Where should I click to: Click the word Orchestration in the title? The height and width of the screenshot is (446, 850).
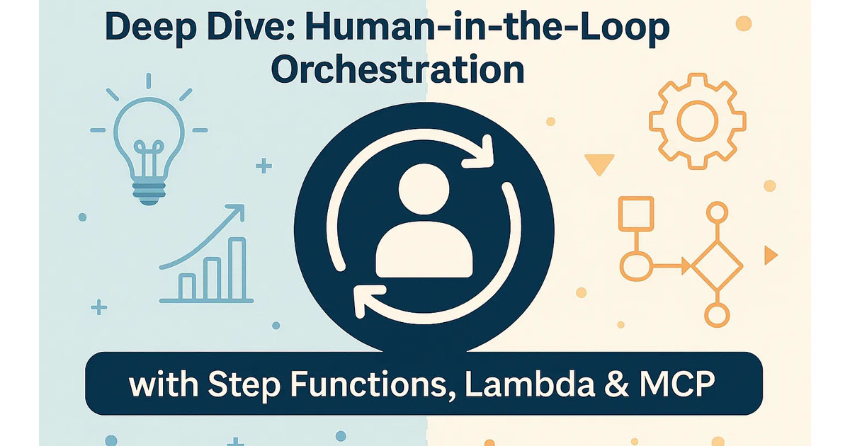click(x=397, y=69)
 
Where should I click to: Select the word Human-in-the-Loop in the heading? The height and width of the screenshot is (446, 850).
click(x=487, y=28)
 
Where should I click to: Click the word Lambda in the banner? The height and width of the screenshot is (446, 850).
click(x=529, y=384)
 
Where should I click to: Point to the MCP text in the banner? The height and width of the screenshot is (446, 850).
click(x=676, y=384)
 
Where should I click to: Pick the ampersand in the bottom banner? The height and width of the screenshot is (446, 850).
click(x=616, y=384)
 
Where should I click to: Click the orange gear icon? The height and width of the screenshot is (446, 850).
click(x=698, y=121)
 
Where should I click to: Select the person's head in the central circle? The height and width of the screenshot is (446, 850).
click(x=424, y=189)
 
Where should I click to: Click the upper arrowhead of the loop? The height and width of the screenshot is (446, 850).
click(x=480, y=154)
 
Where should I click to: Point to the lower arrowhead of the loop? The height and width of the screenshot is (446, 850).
click(x=368, y=299)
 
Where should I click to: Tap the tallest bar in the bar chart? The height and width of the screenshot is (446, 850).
click(x=237, y=268)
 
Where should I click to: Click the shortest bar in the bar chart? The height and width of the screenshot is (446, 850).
click(x=187, y=287)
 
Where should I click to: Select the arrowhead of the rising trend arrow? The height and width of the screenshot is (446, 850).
click(x=236, y=212)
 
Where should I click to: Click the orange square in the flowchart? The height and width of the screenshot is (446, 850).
click(x=636, y=214)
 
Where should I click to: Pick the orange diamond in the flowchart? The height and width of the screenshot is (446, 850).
click(x=717, y=266)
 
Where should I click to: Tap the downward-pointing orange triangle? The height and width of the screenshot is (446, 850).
click(x=599, y=163)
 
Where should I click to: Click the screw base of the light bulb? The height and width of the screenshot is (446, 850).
click(x=149, y=193)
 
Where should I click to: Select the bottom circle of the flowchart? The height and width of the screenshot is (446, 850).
click(x=717, y=315)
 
